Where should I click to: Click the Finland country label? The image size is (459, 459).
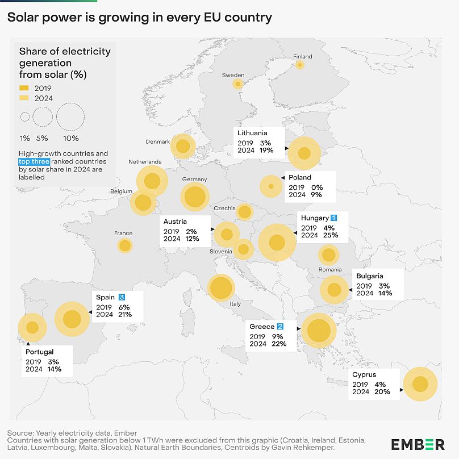point(302,57)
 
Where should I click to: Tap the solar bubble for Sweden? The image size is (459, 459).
point(238,84)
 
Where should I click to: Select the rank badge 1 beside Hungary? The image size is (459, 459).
point(334,218)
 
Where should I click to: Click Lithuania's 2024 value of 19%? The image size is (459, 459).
point(266,151)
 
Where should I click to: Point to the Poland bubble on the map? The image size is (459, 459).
point(271,186)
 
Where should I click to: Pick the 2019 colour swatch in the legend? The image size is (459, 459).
point(24,88)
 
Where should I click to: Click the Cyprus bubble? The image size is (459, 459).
point(420,385)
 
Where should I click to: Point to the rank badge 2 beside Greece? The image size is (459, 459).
point(280,327)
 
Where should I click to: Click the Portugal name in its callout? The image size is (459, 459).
point(39,352)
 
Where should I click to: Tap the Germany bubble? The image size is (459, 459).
point(195,197)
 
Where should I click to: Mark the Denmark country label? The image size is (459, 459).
point(157,142)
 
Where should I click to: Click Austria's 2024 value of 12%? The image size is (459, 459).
point(191,239)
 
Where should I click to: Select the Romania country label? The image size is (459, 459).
point(330,270)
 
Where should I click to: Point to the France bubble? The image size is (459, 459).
point(124,246)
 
